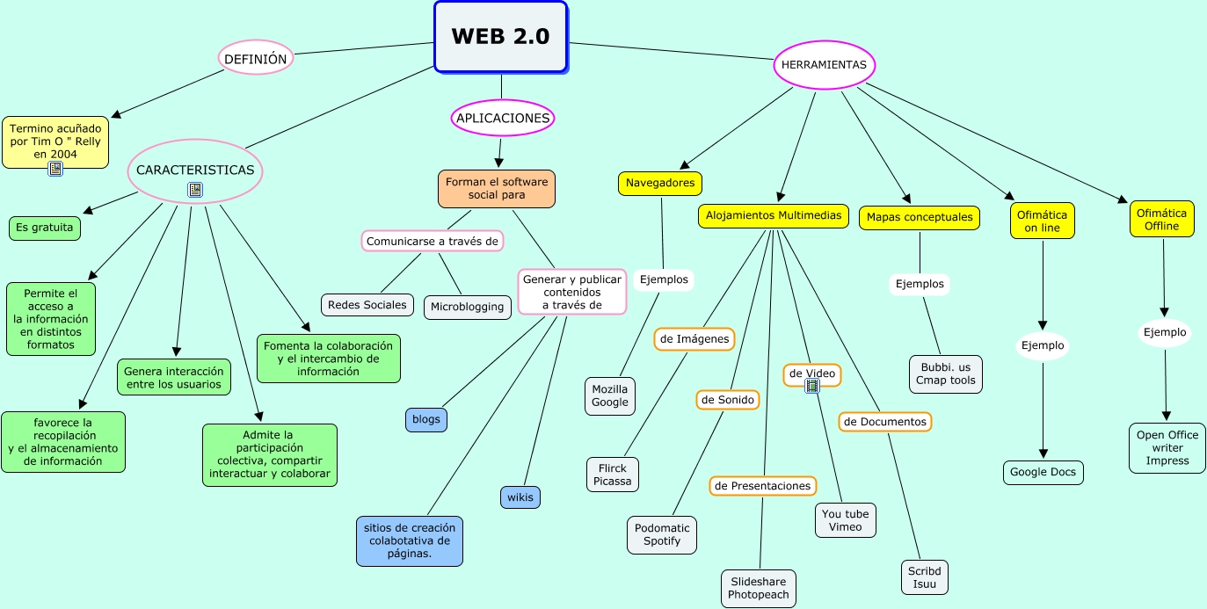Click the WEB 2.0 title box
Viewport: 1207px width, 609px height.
coord(500,36)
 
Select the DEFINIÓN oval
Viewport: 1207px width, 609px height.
coord(255,58)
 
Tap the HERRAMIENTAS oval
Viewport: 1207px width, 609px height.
coord(824,64)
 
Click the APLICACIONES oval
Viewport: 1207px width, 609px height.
coord(503,118)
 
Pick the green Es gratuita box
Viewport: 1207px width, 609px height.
coord(45,228)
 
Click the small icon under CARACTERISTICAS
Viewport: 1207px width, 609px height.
coord(195,189)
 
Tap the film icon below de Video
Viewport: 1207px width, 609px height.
coord(812,385)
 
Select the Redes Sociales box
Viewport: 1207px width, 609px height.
coord(367,305)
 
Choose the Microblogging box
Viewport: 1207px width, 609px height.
coord(467,307)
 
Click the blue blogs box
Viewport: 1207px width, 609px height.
coord(425,419)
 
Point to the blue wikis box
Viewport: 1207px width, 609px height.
coord(520,497)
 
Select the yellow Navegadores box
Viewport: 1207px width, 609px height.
coord(660,183)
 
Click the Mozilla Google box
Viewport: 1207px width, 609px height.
coord(609,396)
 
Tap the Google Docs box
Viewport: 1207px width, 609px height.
coord(1043,472)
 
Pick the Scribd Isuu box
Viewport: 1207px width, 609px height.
coord(924,577)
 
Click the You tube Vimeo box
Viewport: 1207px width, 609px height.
coord(845,519)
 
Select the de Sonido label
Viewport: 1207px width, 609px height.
coord(727,400)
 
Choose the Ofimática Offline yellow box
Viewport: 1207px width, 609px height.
coord(1161,219)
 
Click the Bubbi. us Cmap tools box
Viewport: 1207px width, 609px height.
coord(945,373)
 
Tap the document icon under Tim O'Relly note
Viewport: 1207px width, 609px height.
coord(55,169)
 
